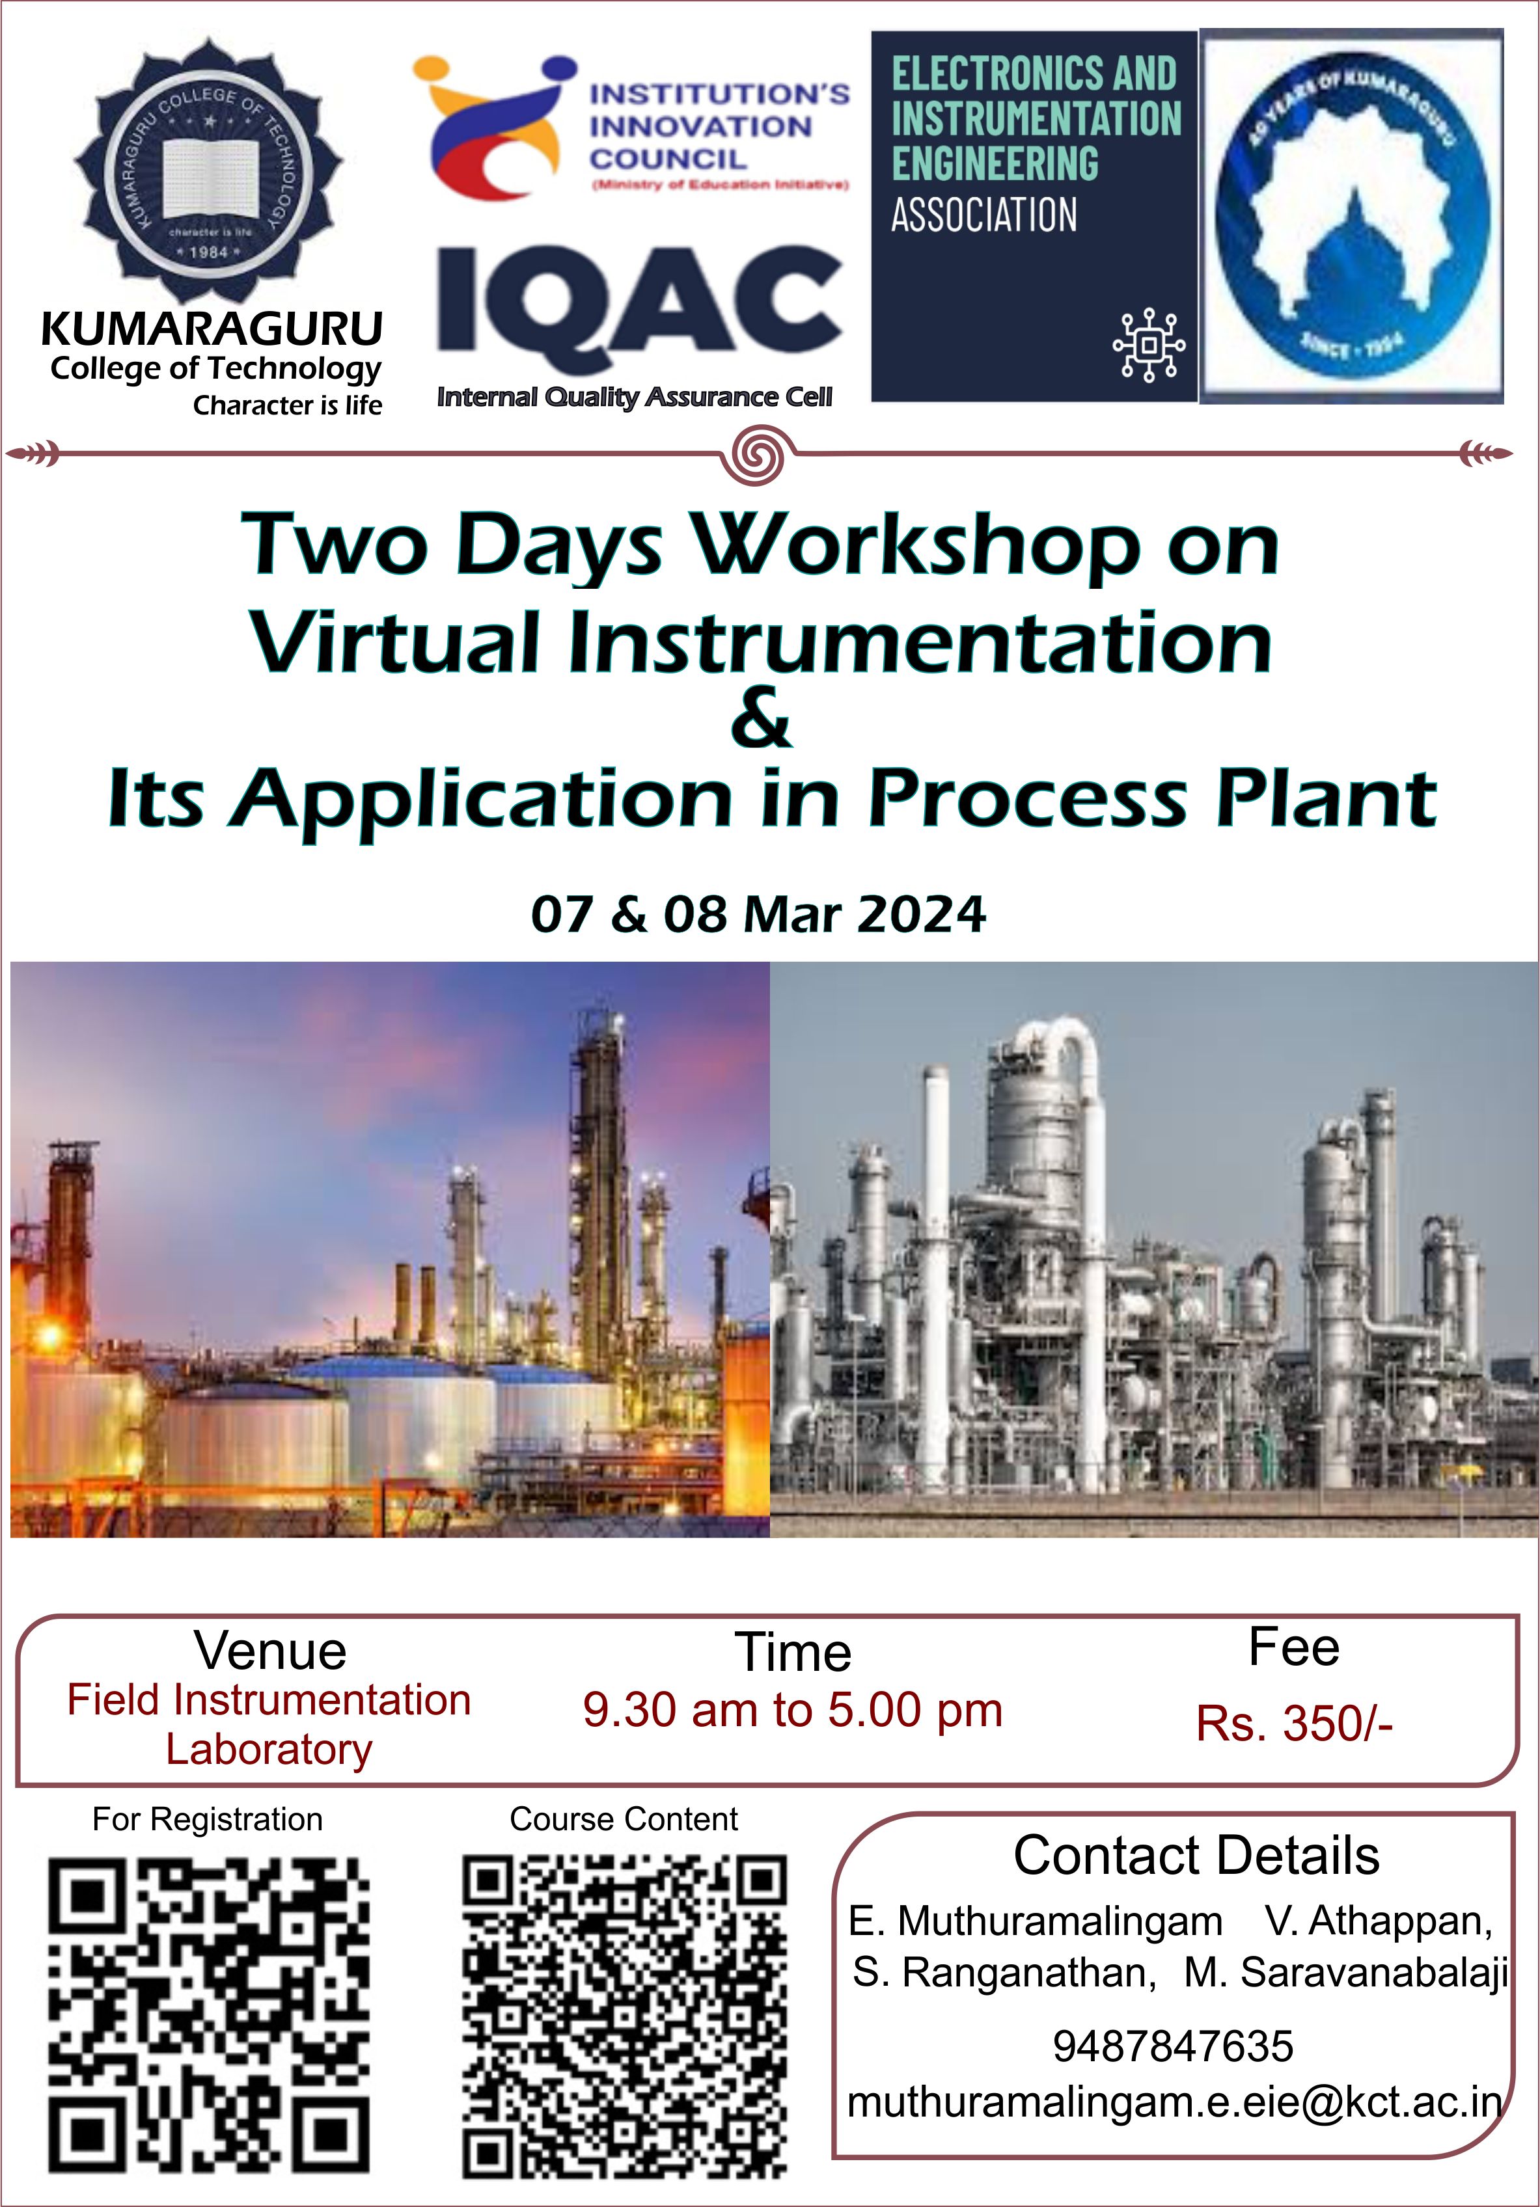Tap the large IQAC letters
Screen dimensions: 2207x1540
coord(639,299)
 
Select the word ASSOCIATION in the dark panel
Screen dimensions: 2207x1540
coord(983,214)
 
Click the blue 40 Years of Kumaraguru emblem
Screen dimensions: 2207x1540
coord(1353,216)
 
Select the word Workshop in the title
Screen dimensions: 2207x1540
coord(918,546)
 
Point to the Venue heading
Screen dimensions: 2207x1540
coord(270,1651)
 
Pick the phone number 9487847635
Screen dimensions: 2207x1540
coord(1173,2046)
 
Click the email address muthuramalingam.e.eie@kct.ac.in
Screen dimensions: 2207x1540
coord(1174,2102)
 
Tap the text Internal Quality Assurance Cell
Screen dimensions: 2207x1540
coord(635,397)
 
